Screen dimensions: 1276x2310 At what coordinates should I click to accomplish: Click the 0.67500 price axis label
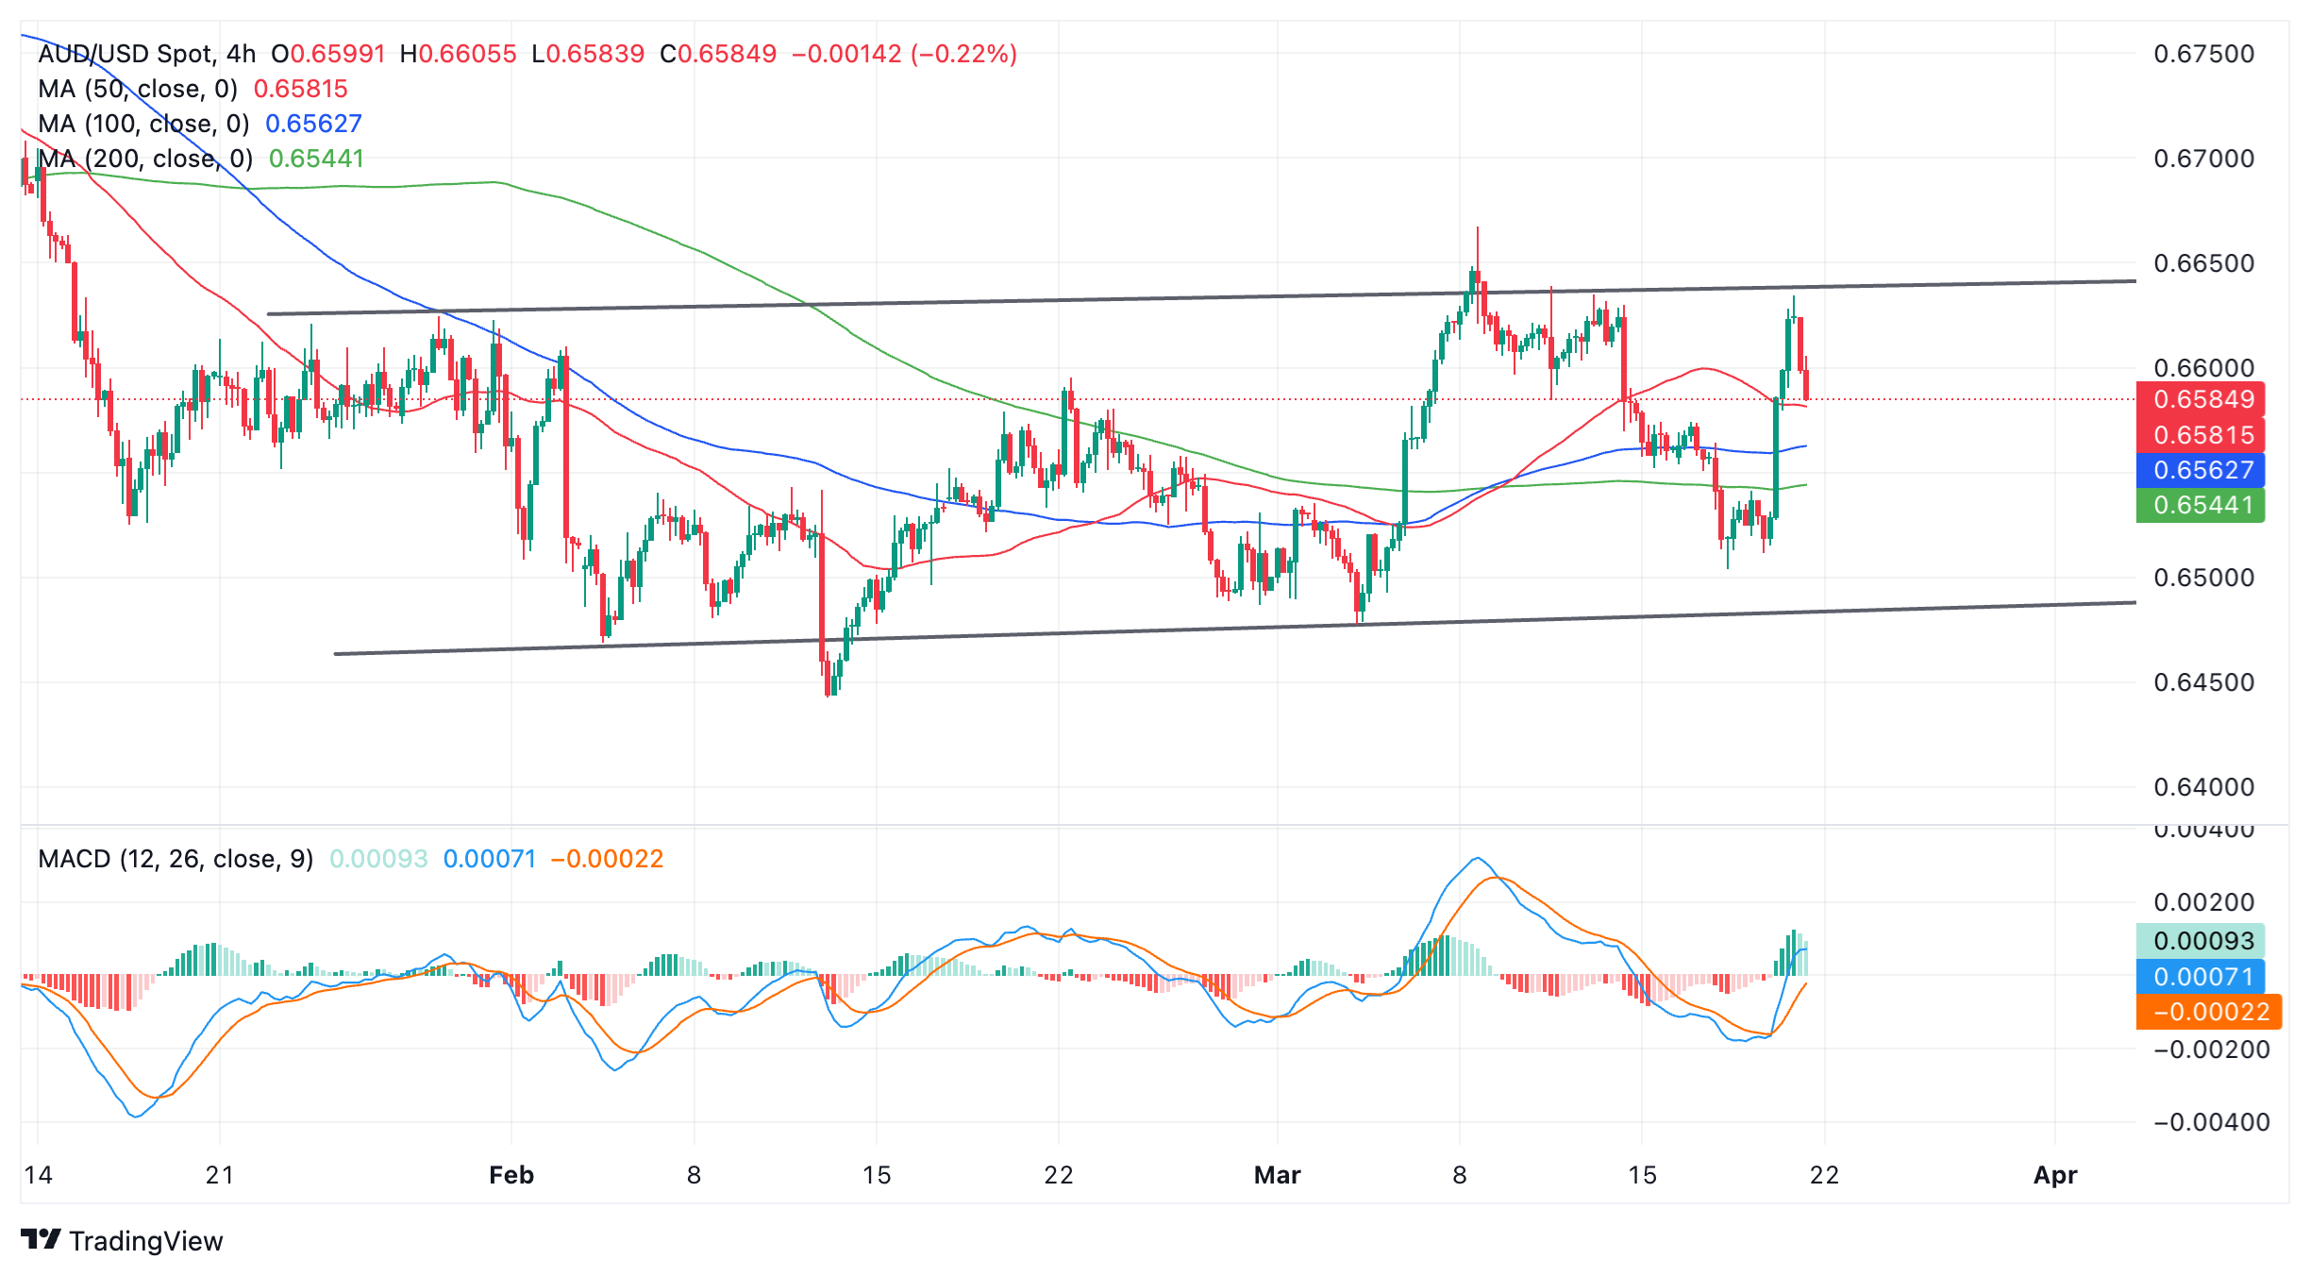click(2203, 54)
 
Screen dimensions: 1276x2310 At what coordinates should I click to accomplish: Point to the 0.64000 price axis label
click(2203, 787)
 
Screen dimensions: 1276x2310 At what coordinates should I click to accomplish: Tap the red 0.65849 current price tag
click(2202, 399)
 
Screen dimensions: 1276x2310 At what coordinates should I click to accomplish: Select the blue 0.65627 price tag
click(2202, 470)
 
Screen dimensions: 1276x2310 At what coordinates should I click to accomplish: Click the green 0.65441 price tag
click(2202, 505)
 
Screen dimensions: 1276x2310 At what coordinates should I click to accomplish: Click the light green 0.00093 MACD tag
click(2202, 941)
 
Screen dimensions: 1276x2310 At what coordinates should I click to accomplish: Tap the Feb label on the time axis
click(511, 1175)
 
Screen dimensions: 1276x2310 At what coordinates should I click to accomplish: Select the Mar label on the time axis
click(1277, 1175)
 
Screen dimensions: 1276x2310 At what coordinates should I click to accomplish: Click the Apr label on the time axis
click(2055, 1175)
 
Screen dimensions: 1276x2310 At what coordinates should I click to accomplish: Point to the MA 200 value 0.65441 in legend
click(316, 159)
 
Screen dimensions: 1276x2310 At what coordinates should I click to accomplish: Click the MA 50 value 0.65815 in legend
click(301, 89)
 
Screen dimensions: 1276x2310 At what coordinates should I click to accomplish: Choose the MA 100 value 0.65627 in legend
click(313, 124)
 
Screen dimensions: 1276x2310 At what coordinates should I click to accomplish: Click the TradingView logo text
click(145, 1241)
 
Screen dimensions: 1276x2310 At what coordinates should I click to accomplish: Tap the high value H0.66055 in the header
click(459, 54)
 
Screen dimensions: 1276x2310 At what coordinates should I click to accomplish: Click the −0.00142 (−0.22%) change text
click(904, 54)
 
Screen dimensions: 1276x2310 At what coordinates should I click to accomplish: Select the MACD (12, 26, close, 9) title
click(176, 859)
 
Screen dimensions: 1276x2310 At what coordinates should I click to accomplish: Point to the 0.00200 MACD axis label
click(2203, 902)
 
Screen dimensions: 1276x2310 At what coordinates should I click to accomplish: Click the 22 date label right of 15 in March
click(1824, 1175)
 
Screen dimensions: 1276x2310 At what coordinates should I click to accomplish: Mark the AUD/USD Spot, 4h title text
click(147, 54)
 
